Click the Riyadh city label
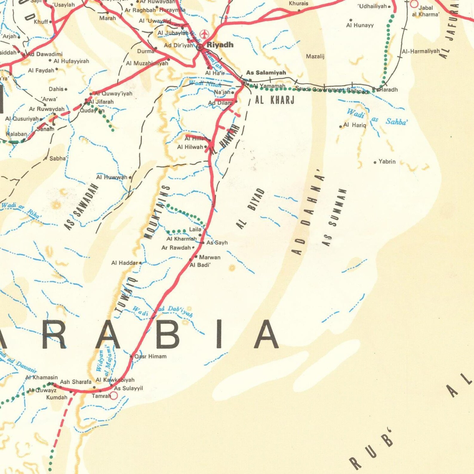[x=220, y=45]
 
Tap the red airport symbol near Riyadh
[x=204, y=34]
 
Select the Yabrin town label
[x=387, y=161]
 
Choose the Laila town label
[x=195, y=230]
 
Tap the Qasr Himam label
[x=150, y=356]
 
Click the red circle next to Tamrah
[x=114, y=396]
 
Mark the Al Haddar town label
[x=124, y=263]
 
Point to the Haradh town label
[x=389, y=90]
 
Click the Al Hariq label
[x=355, y=125]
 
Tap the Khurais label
[x=298, y=4]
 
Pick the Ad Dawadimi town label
[x=45, y=54]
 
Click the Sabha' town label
[x=58, y=158]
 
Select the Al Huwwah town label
[x=112, y=177]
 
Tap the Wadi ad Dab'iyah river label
[x=163, y=311]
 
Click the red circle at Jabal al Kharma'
[x=414, y=4]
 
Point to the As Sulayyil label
[x=128, y=388]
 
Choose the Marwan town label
[x=210, y=257]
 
